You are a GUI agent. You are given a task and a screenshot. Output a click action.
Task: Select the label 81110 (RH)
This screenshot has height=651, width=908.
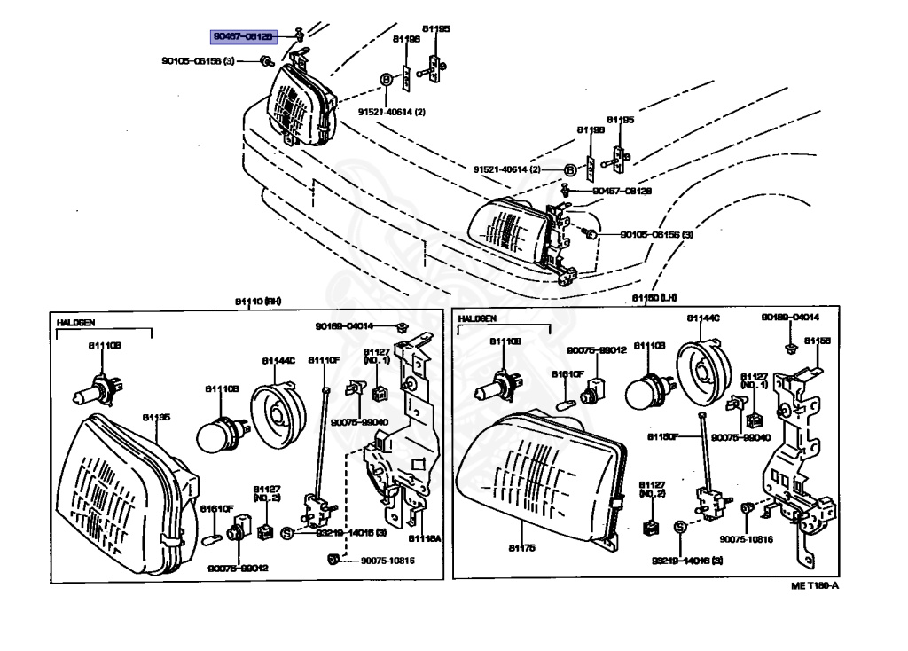[x=258, y=302]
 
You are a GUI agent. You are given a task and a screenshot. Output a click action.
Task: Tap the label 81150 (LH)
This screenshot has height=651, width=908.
[x=654, y=298]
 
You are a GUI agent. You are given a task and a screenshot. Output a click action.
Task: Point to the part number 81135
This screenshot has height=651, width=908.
[x=156, y=415]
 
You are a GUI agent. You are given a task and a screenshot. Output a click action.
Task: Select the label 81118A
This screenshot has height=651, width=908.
[x=425, y=538]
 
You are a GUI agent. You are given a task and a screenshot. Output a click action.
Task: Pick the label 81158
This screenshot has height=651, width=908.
[x=817, y=340]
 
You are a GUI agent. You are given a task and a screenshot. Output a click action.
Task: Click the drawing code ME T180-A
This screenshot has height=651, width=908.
[x=815, y=585]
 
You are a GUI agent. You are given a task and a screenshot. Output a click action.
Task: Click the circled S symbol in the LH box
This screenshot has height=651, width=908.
[x=680, y=527]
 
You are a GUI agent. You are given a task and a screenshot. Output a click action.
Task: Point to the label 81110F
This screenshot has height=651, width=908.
[x=324, y=359]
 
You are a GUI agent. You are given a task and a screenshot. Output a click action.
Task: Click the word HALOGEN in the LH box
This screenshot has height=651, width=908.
[x=478, y=318]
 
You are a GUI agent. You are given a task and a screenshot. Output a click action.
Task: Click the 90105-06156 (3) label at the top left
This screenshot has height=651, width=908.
[x=198, y=61]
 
